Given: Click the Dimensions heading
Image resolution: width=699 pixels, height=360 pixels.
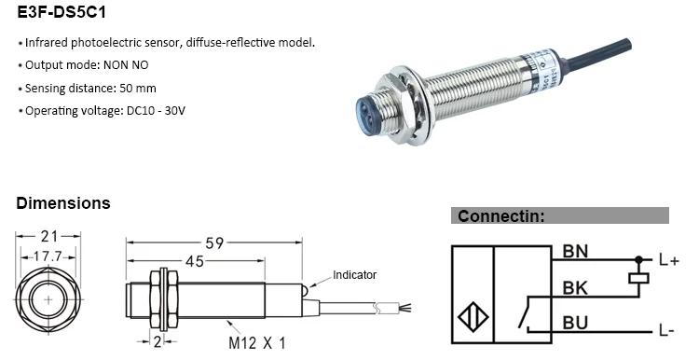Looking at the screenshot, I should (x=63, y=202).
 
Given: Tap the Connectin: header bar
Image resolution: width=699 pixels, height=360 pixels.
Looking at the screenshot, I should (x=559, y=215).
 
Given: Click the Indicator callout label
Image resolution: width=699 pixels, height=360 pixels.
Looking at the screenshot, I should (x=355, y=275).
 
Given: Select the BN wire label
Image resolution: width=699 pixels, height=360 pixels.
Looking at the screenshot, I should (x=575, y=252).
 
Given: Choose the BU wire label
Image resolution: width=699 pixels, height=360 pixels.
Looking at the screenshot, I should (x=575, y=324).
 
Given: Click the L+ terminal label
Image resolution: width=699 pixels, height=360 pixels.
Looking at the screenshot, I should (x=668, y=261).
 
